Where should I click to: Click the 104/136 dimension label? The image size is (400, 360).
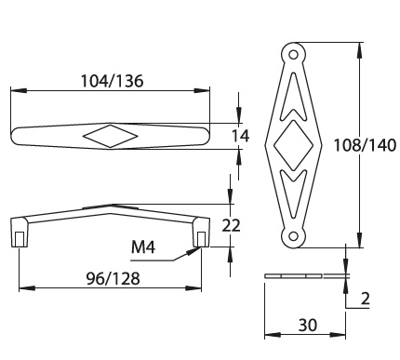pyautogui.click(x=112, y=81)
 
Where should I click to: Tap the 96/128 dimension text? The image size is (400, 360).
pyautogui.click(x=113, y=278)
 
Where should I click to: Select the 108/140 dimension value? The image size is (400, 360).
pyautogui.click(x=365, y=145)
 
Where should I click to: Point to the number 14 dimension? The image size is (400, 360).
pyautogui.click(x=241, y=136)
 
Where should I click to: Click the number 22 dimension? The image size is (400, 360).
pyautogui.click(x=232, y=225)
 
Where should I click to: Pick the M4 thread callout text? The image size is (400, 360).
pyautogui.click(x=143, y=247)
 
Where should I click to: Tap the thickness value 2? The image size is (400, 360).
pyautogui.click(x=366, y=299)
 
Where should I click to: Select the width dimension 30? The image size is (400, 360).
pyautogui.click(x=308, y=325)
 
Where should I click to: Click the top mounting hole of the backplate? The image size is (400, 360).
pyautogui.click(x=293, y=55)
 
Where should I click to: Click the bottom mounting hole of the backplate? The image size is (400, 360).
pyautogui.click(x=293, y=236)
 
